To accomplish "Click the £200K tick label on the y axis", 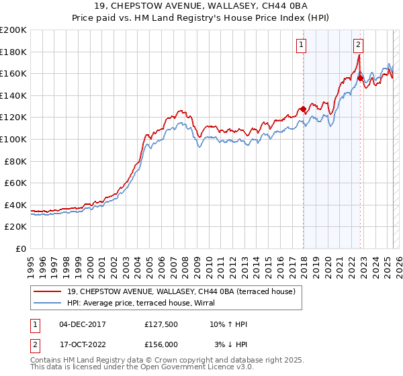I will (x=13, y=30).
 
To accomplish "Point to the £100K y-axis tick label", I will (x=13, y=139).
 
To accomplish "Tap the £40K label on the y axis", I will (x=16, y=205).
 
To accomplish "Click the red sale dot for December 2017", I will (x=303, y=109).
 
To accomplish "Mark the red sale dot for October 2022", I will (x=361, y=78).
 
